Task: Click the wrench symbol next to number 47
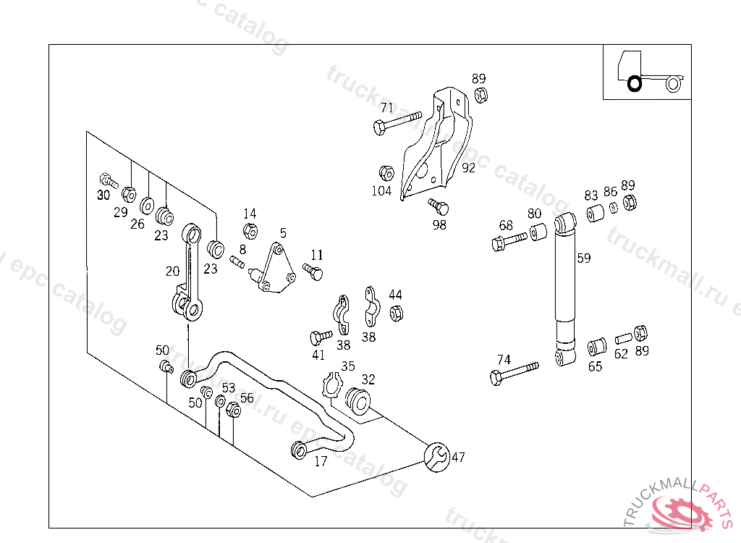click(x=437, y=457)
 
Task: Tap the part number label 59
click(x=584, y=258)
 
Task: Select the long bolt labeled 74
click(x=515, y=374)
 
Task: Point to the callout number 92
click(x=468, y=168)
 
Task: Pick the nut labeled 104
click(x=386, y=174)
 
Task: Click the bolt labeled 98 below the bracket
click(x=439, y=206)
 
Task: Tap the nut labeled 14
click(x=250, y=231)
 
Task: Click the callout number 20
click(x=172, y=271)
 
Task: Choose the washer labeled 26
click(x=147, y=206)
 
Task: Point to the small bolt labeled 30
click(x=109, y=180)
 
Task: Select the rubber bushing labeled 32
click(x=357, y=401)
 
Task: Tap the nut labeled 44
click(x=397, y=313)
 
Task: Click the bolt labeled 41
click(x=321, y=337)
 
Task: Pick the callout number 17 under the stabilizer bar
click(x=321, y=462)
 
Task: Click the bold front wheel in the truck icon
click(x=634, y=84)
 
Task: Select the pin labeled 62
click(x=623, y=339)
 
